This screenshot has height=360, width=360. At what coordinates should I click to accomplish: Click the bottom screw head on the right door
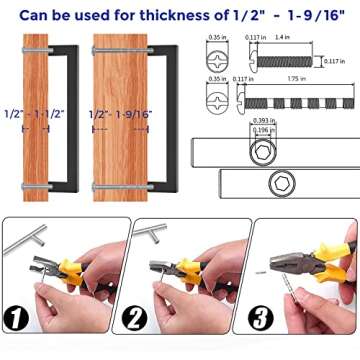click(96, 187)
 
